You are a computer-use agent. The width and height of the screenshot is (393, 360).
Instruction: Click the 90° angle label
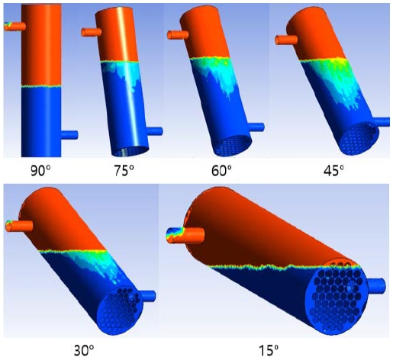(x=40, y=171)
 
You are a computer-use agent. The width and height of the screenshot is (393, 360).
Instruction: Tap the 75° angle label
(x=124, y=171)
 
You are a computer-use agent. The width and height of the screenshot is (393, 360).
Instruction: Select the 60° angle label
(x=221, y=171)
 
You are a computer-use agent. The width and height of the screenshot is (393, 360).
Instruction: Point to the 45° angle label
(x=333, y=171)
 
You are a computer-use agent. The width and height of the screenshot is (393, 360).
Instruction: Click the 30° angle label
(x=84, y=351)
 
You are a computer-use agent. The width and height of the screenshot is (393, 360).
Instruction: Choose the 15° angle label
(x=269, y=351)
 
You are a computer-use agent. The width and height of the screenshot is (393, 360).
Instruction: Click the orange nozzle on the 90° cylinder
(x=14, y=27)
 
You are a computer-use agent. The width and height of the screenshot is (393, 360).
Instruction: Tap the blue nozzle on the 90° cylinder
(x=69, y=135)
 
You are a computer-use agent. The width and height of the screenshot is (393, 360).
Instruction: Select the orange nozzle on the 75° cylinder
(x=91, y=32)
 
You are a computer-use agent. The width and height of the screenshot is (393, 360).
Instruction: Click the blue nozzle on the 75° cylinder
(x=155, y=131)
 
